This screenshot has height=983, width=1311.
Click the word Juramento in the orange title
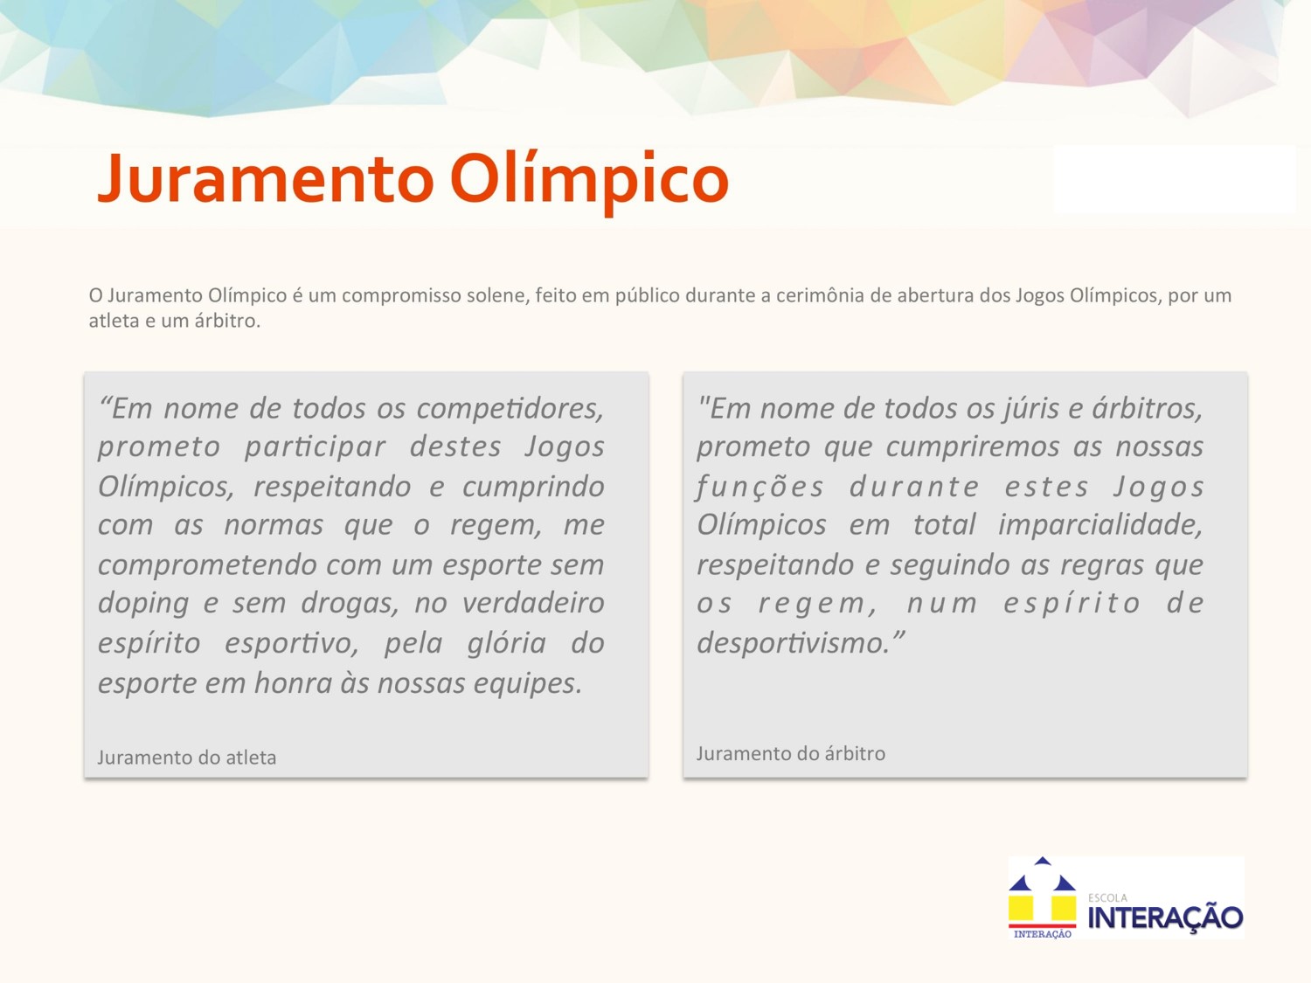[x=266, y=178]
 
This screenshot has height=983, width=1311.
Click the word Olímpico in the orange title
[x=589, y=182]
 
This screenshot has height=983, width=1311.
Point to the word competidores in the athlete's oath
[x=510, y=410]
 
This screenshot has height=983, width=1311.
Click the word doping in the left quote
[x=143, y=604]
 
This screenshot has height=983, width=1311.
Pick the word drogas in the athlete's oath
[x=350, y=603]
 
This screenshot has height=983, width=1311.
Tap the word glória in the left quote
[x=506, y=644]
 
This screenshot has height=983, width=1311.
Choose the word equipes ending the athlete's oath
[x=528, y=684]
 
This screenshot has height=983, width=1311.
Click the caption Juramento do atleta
[x=187, y=758]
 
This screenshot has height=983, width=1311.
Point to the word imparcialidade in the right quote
[x=1100, y=525]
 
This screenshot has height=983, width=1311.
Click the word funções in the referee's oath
[x=760, y=488]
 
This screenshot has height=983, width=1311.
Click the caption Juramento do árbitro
[x=791, y=753]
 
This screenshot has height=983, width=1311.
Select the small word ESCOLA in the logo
[x=1108, y=897]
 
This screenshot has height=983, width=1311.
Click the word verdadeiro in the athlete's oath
[x=533, y=603]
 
